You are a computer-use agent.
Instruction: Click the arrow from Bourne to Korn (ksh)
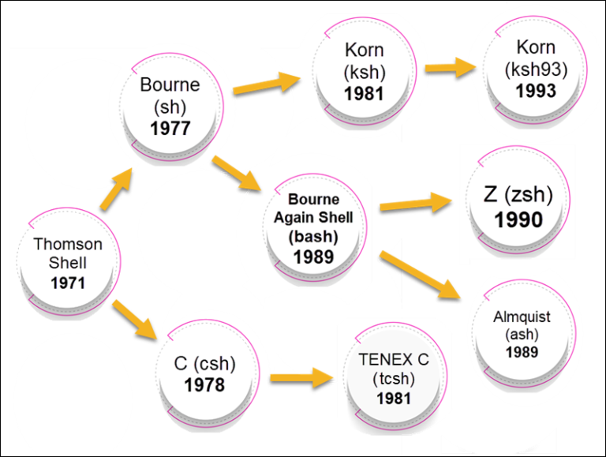click(267, 82)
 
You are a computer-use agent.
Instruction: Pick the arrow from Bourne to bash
click(241, 175)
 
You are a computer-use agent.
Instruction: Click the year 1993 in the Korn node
click(536, 91)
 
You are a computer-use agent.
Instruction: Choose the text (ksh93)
click(537, 69)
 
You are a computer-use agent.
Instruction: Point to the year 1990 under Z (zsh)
click(519, 219)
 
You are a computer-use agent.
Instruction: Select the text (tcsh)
click(394, 379)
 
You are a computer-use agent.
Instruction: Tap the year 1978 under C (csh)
click(204, 385)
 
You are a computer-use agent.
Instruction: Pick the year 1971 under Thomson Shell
click(67, 283)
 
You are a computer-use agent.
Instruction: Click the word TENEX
click(380, 360)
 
